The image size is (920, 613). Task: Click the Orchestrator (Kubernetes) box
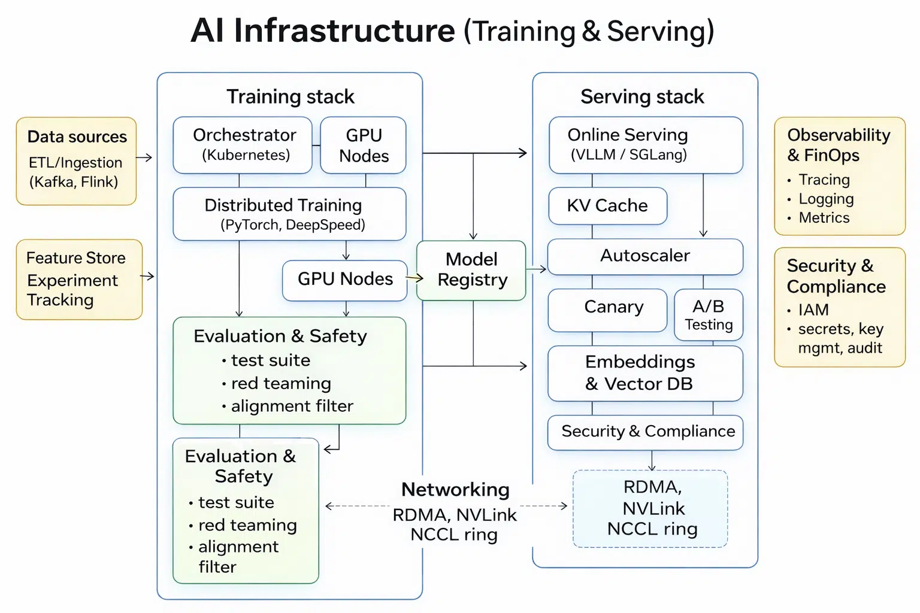pos(243,145)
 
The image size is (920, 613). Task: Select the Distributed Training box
pos(289,214)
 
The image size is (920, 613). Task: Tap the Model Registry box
pos(471,270)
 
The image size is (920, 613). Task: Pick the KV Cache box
pos(607,206)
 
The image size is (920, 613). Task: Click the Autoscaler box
pos(645,256)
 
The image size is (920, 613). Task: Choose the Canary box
pos(607,309)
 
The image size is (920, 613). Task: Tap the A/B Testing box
pos(709,315)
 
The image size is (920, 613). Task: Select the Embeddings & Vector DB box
pos(645,373)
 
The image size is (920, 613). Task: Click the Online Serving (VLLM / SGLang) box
pos(646,145)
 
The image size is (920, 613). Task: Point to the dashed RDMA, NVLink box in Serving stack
pos(650,508)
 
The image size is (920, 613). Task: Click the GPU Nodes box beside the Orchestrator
pos(364,145)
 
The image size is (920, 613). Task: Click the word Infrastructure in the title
pos(344,31)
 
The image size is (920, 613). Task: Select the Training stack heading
pos(290,97)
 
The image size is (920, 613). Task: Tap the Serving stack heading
pos(642,97)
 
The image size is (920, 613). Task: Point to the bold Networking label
pos(455,490)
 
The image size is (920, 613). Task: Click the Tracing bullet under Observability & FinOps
pos(824,180)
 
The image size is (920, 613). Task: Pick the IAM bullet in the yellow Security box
pos(813,310)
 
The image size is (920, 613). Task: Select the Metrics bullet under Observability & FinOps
pos(824,218)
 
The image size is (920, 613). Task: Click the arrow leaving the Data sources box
pos(144,158)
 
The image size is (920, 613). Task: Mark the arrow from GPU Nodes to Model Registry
pos(414,278)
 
